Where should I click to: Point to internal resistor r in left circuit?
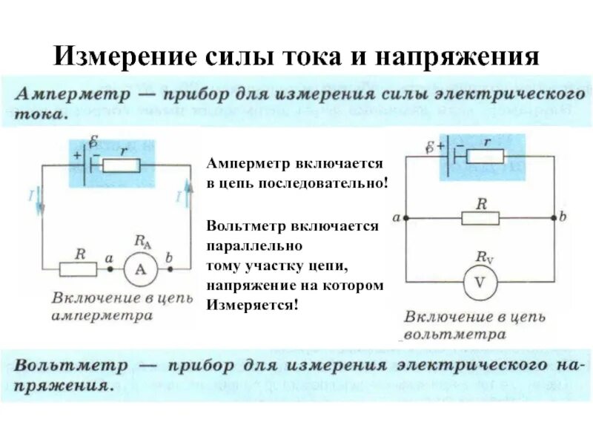pos(121,165)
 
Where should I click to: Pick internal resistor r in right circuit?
pos(486,156)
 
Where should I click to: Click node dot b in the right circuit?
pos(554,218)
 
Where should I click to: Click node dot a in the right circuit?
pos(405,218)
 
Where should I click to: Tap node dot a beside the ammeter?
pos(110,269)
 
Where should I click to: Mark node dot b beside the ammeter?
pos(170,269)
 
